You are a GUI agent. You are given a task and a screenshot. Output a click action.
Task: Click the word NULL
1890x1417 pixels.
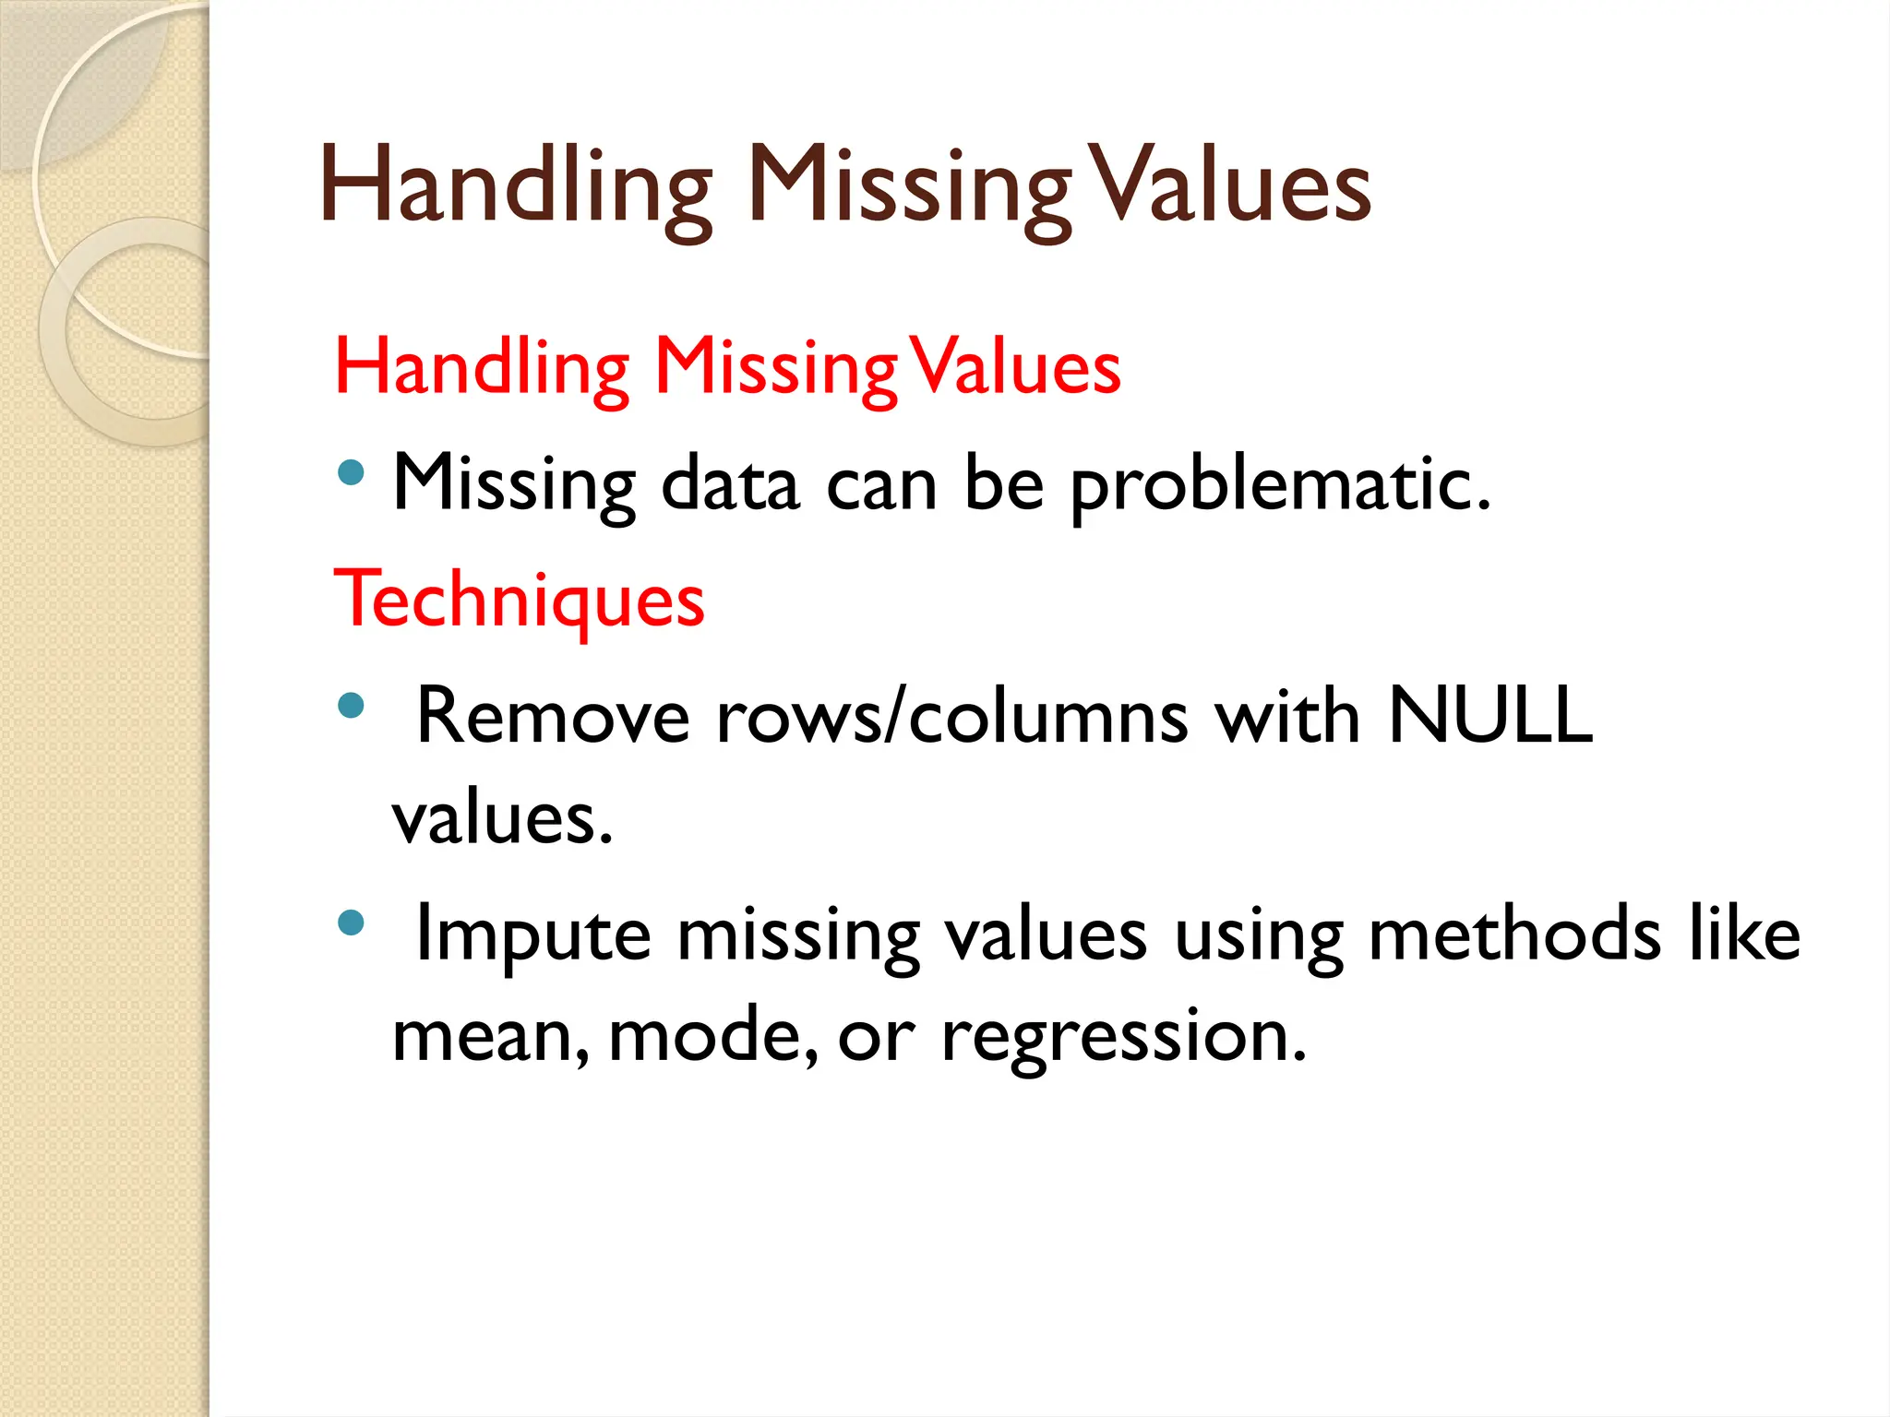pos(1489,715)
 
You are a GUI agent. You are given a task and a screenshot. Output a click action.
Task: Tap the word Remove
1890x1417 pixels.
pos(553,716)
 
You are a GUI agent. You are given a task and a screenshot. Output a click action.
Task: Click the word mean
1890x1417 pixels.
pos(490,1035)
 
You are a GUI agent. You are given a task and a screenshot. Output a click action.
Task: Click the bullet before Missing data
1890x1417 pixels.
pos(351,474)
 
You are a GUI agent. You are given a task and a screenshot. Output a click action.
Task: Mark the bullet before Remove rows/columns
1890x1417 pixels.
pos(351,707)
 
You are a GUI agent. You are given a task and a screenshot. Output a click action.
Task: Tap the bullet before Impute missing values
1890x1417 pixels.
pos(351,923)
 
